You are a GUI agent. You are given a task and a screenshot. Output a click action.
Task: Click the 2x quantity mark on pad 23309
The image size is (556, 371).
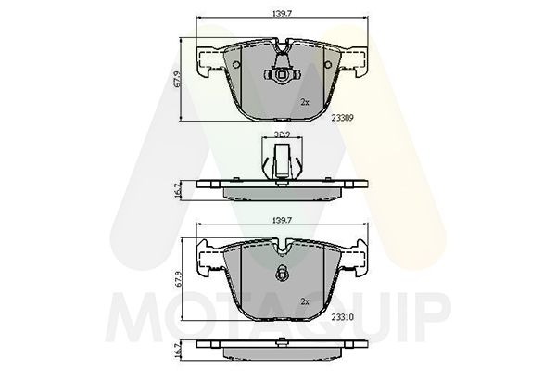pos(305,101)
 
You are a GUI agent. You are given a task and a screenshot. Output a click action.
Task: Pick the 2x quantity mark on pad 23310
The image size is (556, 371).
pos(305,301)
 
